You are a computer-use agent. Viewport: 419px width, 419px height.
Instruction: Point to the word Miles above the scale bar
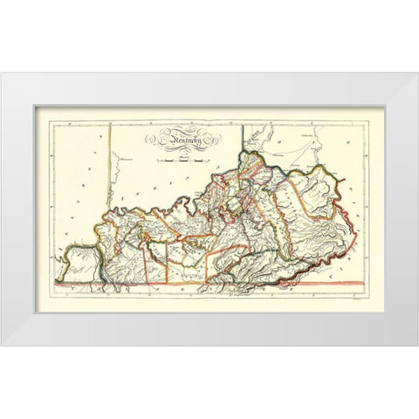point(182,154)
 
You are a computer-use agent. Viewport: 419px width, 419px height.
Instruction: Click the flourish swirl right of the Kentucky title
point(215,138)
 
